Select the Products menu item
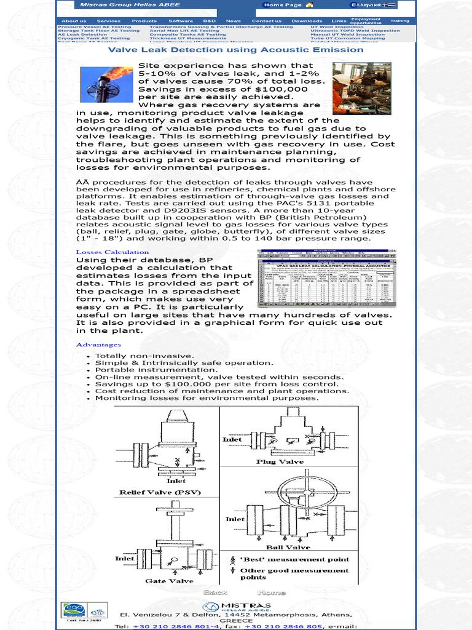point(144,21)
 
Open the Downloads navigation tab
point(307,21)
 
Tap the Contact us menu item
point(266,21)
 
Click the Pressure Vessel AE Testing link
point(94,27)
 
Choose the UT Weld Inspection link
point(337,27)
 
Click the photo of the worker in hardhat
point(361,88)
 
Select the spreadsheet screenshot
point(326,279)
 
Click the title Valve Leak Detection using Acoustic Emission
point(236,50)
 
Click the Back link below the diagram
point(216,592)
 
